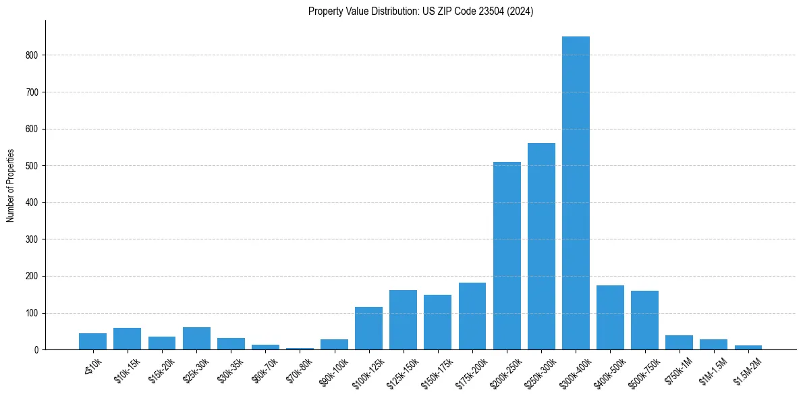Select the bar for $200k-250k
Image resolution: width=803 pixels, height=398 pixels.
coord(507,256)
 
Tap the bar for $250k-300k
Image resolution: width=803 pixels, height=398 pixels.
coord(541,246)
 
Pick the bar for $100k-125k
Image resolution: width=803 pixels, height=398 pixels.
coord(368,329)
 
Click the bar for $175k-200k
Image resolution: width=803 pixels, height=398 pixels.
coord(472,316)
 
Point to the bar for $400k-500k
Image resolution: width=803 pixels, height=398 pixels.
coord(610,318)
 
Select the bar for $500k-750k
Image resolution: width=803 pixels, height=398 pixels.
coord(644,320)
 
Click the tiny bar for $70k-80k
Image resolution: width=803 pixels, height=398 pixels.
coord(300,348)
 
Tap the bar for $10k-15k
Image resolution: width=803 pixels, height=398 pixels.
coord(127,339)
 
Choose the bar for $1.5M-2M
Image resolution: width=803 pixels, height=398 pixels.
coord(748,347)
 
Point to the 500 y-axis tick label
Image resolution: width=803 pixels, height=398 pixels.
coord(33,166)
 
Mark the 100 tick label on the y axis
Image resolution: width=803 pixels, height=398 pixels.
coord(33,313)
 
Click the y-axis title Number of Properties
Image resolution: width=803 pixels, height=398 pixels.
coord(10,186)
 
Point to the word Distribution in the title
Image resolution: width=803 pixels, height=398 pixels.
coord(391,11)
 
